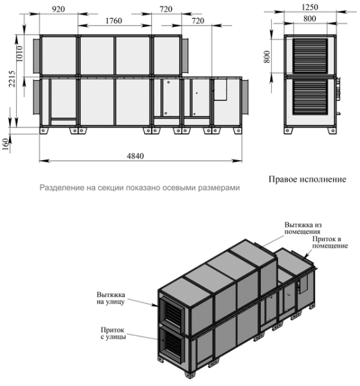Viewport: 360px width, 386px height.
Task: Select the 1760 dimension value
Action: pos(114,21)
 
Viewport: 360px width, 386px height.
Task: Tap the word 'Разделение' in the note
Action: pos(60,188)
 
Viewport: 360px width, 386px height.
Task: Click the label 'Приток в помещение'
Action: pos(330,242)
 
